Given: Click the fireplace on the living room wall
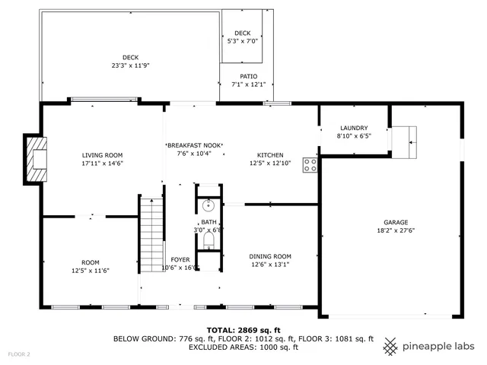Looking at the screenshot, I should click(x=36, y=160).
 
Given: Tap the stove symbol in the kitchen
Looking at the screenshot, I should click(x=310, y=165).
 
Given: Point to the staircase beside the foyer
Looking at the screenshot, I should click(x=152, y=228).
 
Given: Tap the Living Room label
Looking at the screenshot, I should click(x=102, y=155).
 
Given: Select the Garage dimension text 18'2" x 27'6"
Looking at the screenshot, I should click(x=395, y=230).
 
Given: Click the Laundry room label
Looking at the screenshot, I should click(x=354, y=128).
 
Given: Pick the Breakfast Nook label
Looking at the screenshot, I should click(x=194, y=144).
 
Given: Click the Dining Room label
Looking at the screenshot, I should click(x=270, y=256).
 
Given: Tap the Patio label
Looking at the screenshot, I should click(x=249, y=76).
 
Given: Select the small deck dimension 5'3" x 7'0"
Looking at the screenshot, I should click(x=243, y=41).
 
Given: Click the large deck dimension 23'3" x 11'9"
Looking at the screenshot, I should click(x=130, y=65).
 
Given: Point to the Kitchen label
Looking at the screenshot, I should click(x=270, y=154).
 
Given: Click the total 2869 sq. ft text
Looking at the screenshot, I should click(x=243, y=330).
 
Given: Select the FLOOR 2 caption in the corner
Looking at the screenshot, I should click(x=19, y=354).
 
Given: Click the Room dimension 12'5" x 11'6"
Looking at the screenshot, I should click(x=91, y=270).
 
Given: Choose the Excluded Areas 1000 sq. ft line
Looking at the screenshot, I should click(x=243, y=347).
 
